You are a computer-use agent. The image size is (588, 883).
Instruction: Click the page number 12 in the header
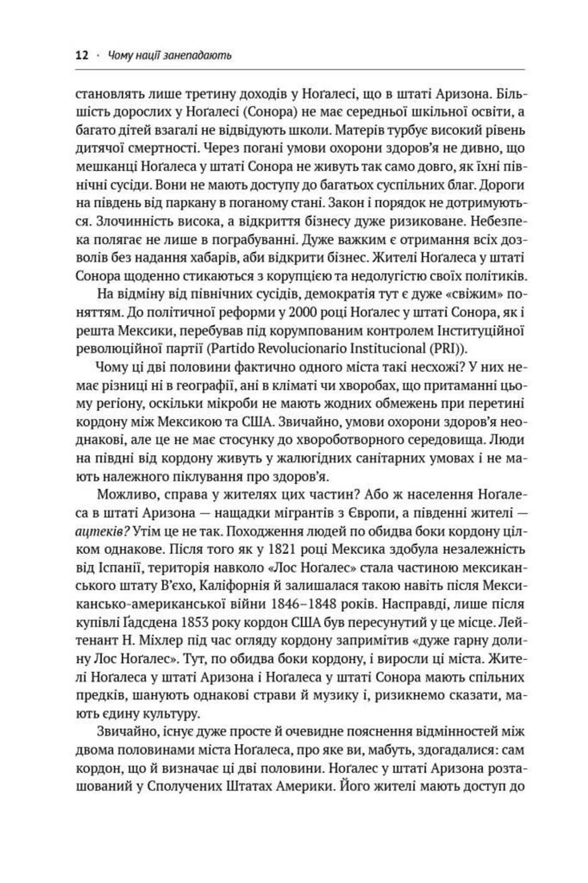(82, 56)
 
